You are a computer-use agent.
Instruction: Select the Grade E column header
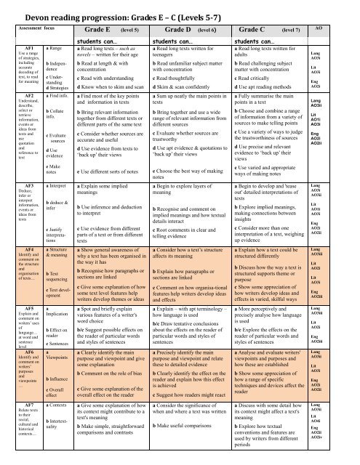click(106, 32)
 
